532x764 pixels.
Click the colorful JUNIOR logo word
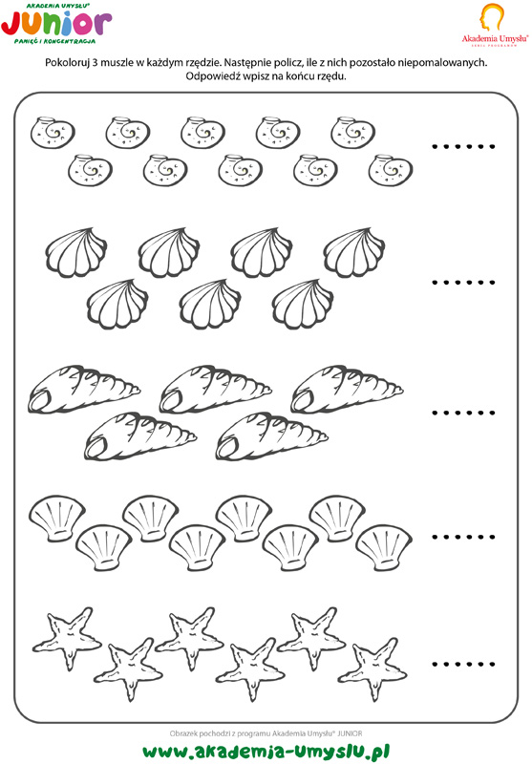pyautogui.click(x=56, y=25)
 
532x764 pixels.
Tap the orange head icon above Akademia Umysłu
pyautogui.click(x=492, y=18)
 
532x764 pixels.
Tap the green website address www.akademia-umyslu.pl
pyautogui.click(x=266, y=752)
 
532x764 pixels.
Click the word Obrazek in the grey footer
pyautogui.click(x=183, y=733)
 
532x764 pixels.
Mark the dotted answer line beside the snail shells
pyautogui.click(x=463, y=146)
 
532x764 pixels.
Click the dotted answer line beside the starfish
pyautogui.click(x=463, y=664)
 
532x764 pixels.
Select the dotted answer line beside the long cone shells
pyautogui.click(x=463, y=413)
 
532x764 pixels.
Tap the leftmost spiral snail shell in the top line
pyautogui.click(x=53, y=133)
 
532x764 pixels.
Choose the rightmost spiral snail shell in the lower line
pyautogui.click(x=391, y=170)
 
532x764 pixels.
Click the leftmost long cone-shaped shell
pyautogui.click(x=84, y=389)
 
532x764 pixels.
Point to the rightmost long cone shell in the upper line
pyautogui.click(x=347, y=389)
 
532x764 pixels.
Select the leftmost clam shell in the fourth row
pyautogui.click(x=57, y=519)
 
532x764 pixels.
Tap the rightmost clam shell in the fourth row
pyautogui.click(x=384, y=547)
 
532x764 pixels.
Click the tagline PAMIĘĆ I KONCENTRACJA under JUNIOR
pyautogui.click(x=55, y=42)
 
